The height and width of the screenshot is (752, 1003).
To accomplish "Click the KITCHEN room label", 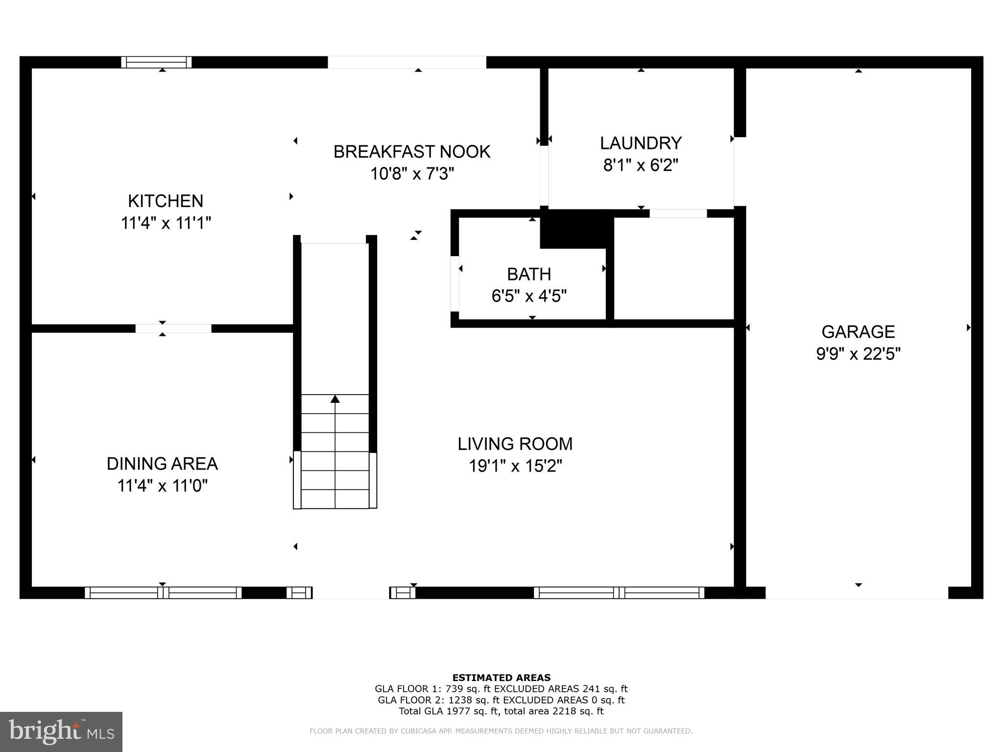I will click(166, 201).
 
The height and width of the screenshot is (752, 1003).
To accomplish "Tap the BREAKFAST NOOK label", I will click(411, 152).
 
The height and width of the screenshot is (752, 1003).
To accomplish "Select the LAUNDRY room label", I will click(641, 143).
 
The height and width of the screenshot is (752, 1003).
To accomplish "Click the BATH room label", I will click(529, 274).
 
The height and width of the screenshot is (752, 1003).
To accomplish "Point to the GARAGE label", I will click(858, 332).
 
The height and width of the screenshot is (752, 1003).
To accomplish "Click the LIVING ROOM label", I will click(515, 444).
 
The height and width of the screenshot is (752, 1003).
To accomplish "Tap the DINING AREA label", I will click(162, 464).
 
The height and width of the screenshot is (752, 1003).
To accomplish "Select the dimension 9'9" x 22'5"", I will click(858, 354).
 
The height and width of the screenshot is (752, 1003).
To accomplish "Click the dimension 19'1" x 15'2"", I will click(515, 466).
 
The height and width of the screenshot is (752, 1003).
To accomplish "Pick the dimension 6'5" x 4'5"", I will click(529, 296).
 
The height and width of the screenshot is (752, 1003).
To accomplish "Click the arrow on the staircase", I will click(335, 399).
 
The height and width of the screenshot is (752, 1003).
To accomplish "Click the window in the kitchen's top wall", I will click(157, 62).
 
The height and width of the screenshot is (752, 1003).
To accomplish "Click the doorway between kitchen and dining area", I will click(173, 329).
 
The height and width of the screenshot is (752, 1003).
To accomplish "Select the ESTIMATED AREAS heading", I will click(501, 678).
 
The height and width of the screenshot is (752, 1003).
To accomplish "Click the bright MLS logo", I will click(61, 731).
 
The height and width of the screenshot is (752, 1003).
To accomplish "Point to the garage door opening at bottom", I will click(857, 593).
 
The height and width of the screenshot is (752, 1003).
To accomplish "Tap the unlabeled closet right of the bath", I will click(673, 268).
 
